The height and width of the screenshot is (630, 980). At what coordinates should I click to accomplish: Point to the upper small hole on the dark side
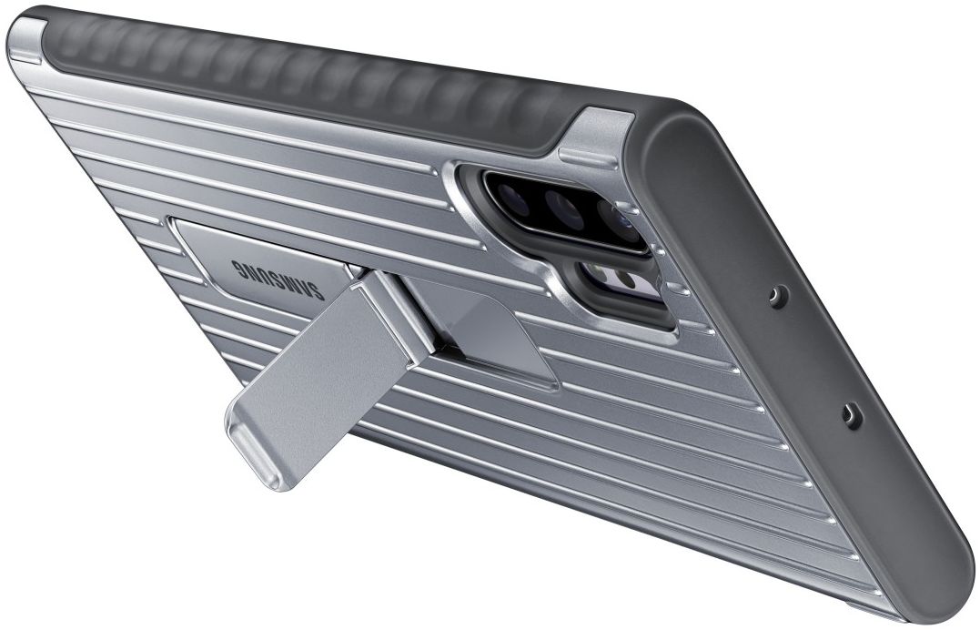point(775,295)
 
